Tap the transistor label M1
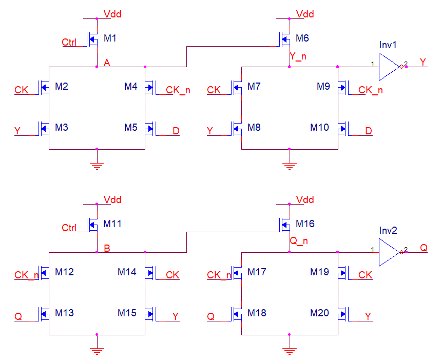click(x=110, y=38)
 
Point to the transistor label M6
click(x=303, y=38)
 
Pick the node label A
click(x=107, y=63)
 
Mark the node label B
click(x=107, y=248)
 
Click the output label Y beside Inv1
click(x=423, y=62)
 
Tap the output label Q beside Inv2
click(x=424, y=248)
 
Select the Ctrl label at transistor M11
click(x=69, y=228)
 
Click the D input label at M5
click(x=176, y=131)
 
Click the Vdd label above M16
click(x=305, y=200)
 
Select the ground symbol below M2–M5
click(x=97, y=165)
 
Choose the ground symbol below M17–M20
click(x=290, y=351)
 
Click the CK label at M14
click(x=172, y=275)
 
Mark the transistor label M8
click(x=254, y=127)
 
